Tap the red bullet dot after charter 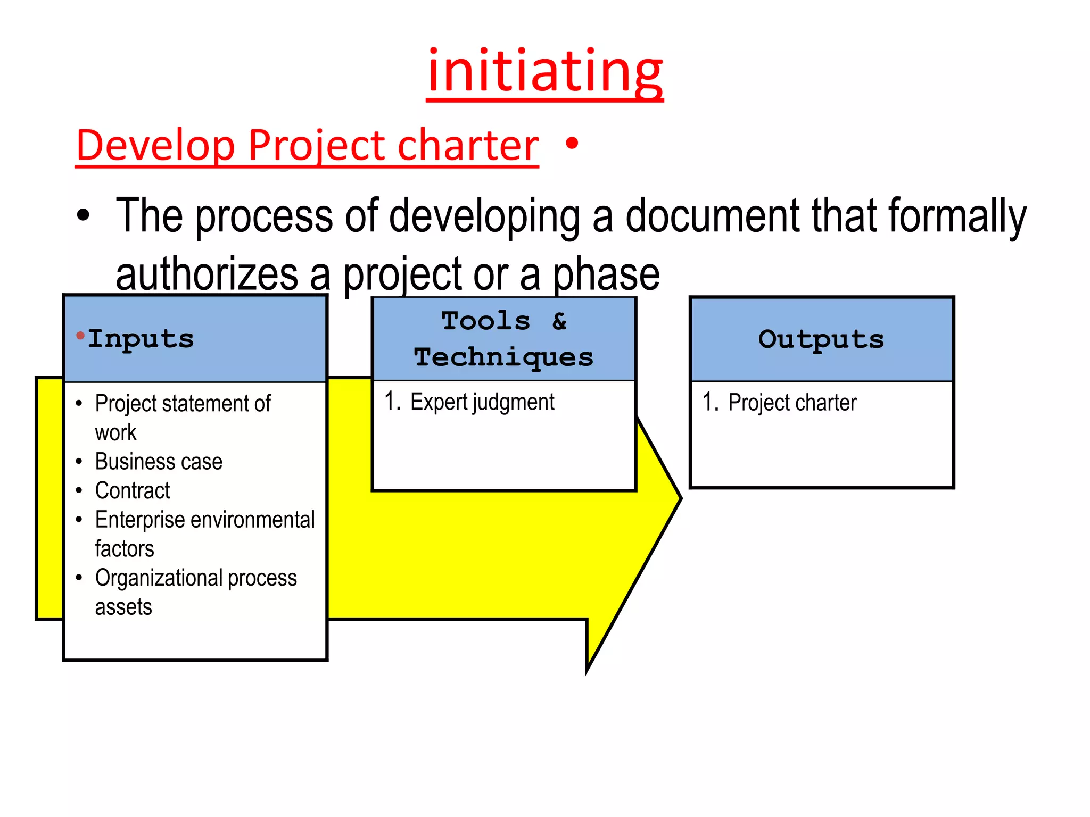(x=572, y=143)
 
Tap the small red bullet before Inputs (x=80, y=335)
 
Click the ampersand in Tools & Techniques (x=559, y=321)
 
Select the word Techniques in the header (x=503, y=357)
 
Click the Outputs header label (x=821, y=339)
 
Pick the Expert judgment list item (x=482, y=402)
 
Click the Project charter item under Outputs (x=792, y=403)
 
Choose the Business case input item (x=159, y=461)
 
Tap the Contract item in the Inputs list (x=133, y=490)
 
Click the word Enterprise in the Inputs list (x=139, y=520)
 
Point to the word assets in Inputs (x=123, y=607)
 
